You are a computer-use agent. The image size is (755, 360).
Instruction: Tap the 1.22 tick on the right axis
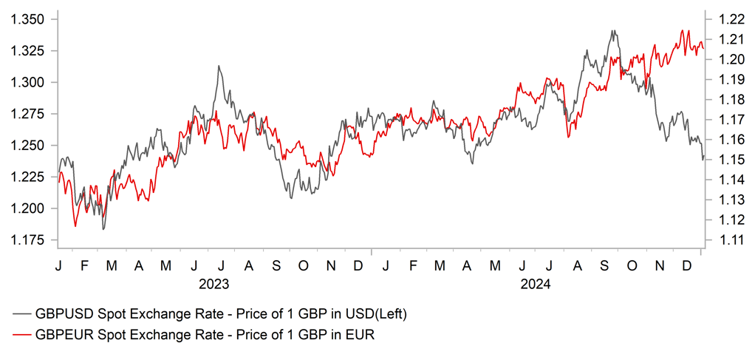tap(724, 18)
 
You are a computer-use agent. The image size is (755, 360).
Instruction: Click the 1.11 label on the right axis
tap(724, 240)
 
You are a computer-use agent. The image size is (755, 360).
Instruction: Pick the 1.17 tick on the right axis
tap(724, 119)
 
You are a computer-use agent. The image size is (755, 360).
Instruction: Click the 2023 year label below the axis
tap(213, 284)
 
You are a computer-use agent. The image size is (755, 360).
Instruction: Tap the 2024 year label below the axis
tap(536, 284)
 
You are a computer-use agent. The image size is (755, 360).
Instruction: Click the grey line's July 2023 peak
tap(219, 66)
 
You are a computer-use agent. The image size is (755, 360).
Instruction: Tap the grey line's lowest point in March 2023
tap(103, 229)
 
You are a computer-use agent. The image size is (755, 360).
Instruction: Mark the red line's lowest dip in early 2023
tap(75, 225)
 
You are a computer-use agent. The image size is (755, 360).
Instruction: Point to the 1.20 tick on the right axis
tap(724, 58)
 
